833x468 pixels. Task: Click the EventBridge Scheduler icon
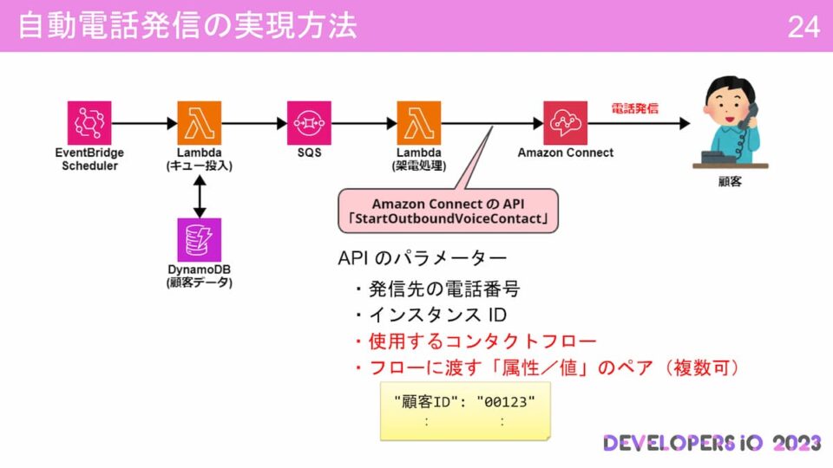click(x=89, y=123)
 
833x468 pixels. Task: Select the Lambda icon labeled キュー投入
click(x=200, y=123)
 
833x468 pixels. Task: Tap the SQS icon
click(x=310, y=123)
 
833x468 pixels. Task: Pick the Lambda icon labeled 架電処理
click(x=419, y=123)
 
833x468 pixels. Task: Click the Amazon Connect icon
click(x=566, y=123)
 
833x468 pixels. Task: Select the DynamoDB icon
click(x=200, y=240)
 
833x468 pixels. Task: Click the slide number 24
click(x=803, y=27)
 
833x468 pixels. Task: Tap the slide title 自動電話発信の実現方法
click(x=187, y=26)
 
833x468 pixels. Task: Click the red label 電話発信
click(x=634, y=109)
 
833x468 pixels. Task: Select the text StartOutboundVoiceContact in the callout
click(x=448, y=219)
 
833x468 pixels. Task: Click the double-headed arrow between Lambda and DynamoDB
click(x=200, y=197)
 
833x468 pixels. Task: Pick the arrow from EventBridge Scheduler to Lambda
click(x=144, y=123)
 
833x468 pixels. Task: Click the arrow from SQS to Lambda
click(x=364, y=123)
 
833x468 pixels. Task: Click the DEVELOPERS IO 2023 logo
click(x=712, y=443)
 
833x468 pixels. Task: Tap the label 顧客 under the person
click(x=729, y=184)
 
